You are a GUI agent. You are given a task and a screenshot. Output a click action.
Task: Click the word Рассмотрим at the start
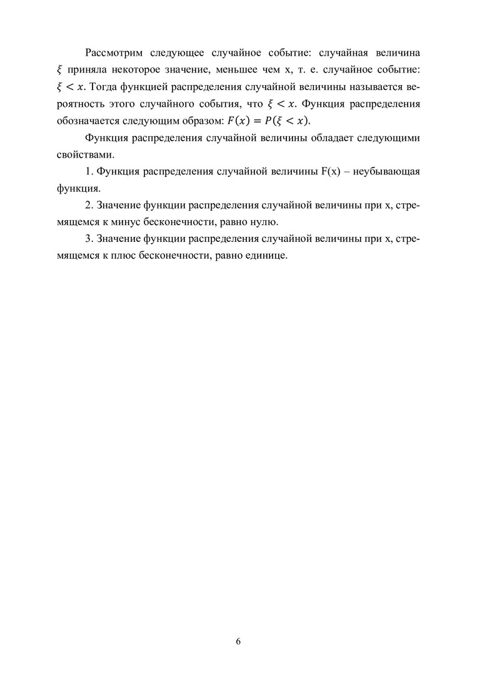116,51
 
